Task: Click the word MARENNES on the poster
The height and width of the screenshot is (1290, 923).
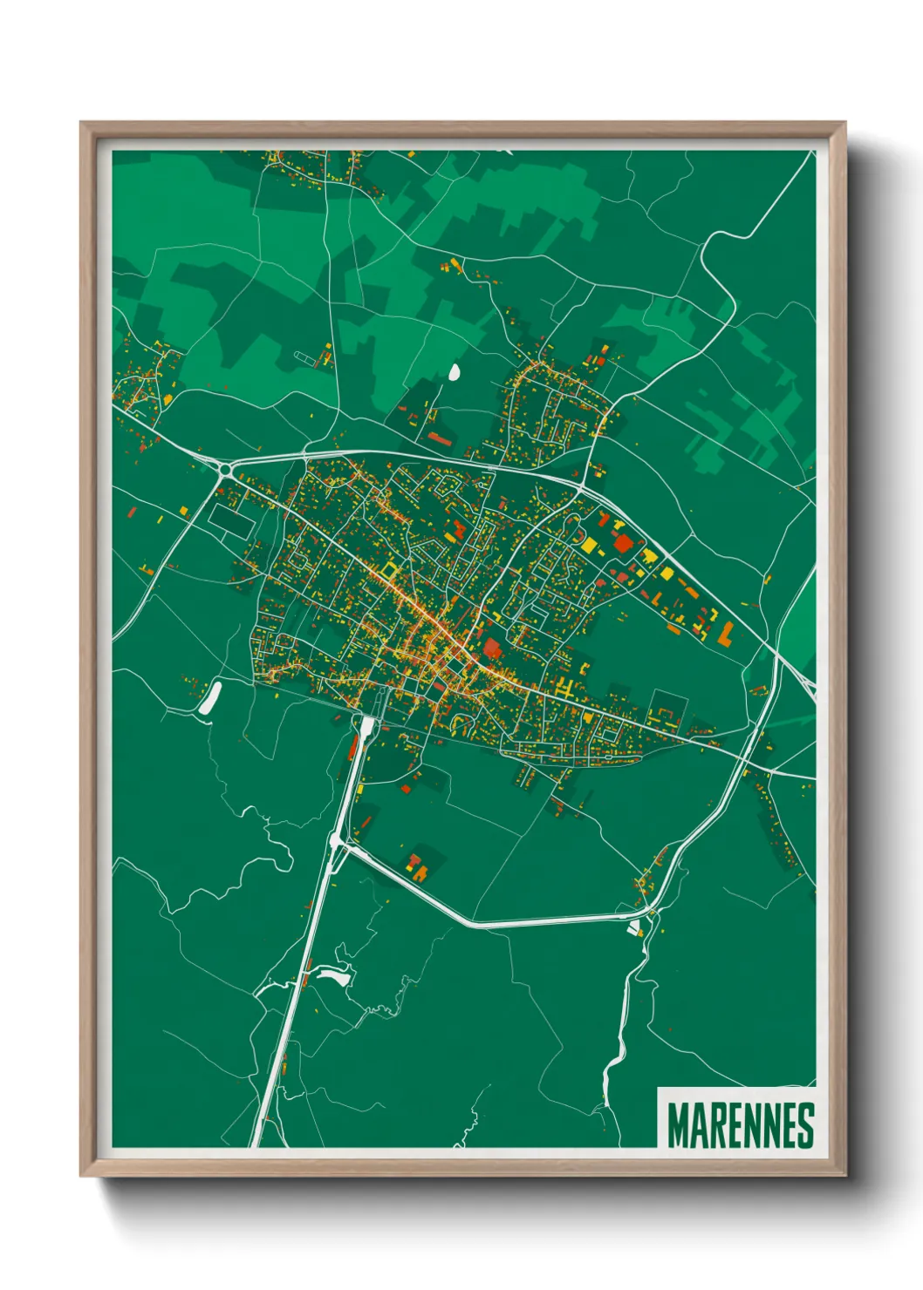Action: click(740, 1125)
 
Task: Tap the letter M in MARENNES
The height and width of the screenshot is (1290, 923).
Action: click(678, 1125)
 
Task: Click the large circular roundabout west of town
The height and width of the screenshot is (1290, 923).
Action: click(226, 471)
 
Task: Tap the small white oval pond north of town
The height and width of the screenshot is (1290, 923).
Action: click(454, 372)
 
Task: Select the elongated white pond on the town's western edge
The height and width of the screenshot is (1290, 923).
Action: click(210, 698)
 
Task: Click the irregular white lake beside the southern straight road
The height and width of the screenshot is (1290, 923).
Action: click(332, 974)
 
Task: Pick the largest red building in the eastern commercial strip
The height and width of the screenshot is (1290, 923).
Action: click(623, 543)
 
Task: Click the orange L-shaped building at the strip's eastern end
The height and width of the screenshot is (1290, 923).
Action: click(725, 633)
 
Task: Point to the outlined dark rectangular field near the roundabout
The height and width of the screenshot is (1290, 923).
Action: click(231, 519)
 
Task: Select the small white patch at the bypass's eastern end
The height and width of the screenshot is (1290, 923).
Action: click(634, 927)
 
